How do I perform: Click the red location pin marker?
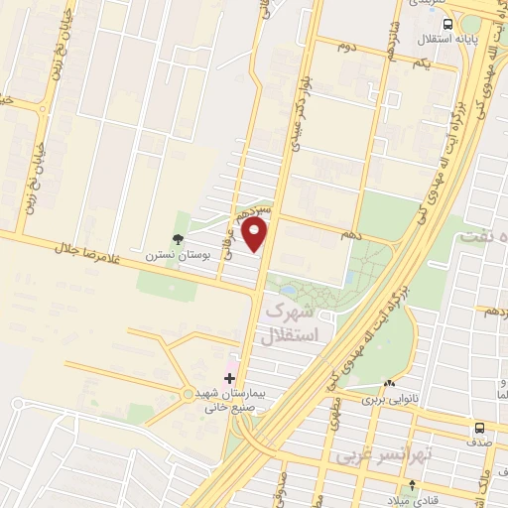pyautogui.click(x=255, y=236)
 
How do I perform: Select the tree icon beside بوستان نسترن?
pyautogui.click(x=177, y=239)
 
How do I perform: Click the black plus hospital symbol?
pyautogui.click(x=230, y=378)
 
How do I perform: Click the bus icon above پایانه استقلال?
pyautogui.click(x=448, y=24)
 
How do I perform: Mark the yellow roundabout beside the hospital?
pyautogui.click(x=188, y=395)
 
